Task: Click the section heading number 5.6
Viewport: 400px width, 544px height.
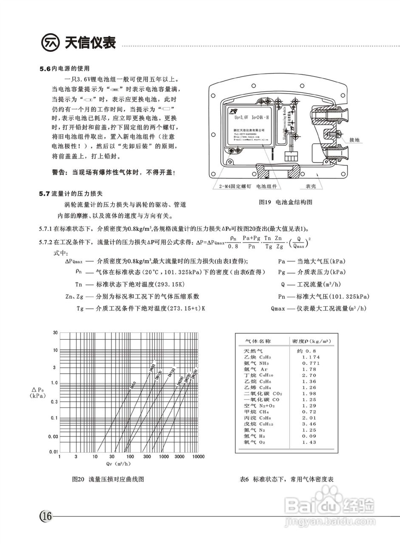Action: (x=45, y=68)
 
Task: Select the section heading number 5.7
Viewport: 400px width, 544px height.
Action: (x=45, y=194)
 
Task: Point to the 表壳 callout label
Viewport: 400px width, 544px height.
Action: (x=311, y=187)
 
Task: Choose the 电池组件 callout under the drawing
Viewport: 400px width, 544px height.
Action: (x=266, y=187)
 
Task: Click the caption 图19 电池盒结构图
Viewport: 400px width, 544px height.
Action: (x=286, y=202)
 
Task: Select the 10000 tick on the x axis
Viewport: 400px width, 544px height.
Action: (x=198, y=456)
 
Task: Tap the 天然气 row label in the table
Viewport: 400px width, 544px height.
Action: (x=253, y=351)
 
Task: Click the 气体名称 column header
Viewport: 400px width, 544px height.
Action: (x=258, y=341)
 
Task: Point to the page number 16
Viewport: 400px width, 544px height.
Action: (x=46, y=517)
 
